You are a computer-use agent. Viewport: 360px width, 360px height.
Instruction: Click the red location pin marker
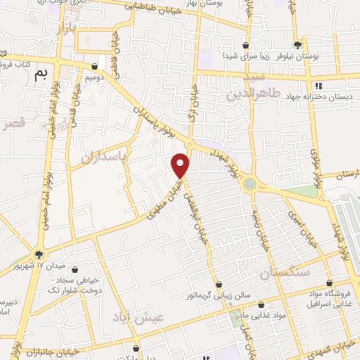[181, 165]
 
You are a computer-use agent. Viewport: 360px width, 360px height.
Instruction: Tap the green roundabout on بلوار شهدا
[250, 184]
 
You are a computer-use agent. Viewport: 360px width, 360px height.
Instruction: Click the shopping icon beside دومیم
[95, 66]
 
